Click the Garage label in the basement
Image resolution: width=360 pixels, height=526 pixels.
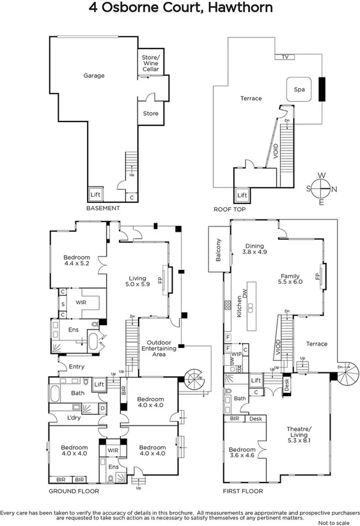point(93,76)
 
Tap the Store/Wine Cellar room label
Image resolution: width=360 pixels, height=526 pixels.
point(150,63)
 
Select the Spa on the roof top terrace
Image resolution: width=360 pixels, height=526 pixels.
point(299,90)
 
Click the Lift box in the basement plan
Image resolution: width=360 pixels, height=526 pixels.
point(95,195)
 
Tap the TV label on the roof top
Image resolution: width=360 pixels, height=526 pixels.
point(286,57)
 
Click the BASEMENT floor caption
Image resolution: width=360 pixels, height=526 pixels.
point(103,209)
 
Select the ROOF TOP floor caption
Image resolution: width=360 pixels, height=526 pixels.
point(230,209)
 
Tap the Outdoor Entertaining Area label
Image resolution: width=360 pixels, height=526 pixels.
point(157,348)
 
